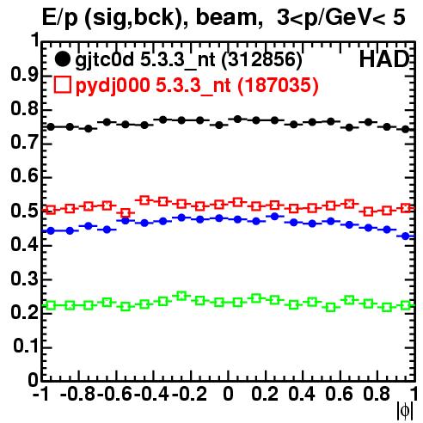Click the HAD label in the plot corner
tap(384, 59)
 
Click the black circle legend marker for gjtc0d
tap(62, 59)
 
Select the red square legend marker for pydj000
tap(62, 85)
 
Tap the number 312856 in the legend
tap(262, 59)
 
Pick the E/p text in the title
tap(59, 18)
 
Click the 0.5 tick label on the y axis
tap(25, 211)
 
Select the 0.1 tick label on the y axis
tap(25, 346)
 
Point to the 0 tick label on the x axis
tap(228, 394)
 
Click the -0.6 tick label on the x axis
tap(114, 394)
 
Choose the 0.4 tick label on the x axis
tap(302, 394)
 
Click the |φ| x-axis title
tap(405, 411)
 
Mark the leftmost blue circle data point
tap(51, 230)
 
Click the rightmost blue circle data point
tap(406, 236)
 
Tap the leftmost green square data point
tap(51, 305)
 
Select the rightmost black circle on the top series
tap(405, 130)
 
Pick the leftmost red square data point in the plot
tap(51, 210)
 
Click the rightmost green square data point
tap(406, 305)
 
